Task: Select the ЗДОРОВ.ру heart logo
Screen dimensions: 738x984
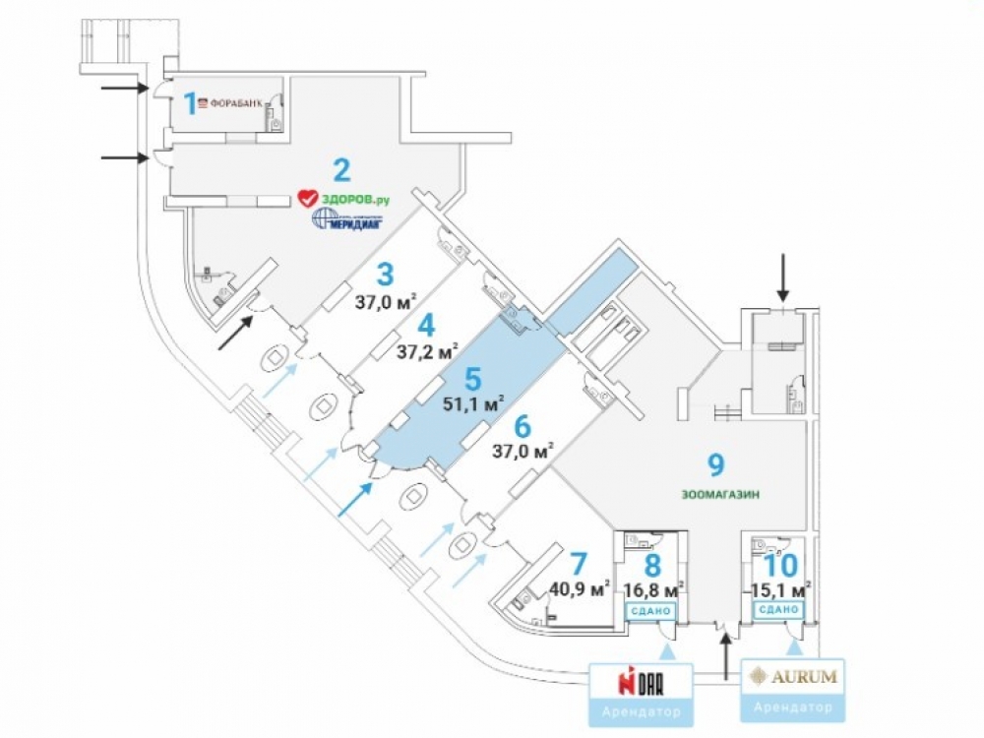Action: tap(306, 199)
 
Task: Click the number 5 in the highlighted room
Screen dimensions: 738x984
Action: tap(472, 379)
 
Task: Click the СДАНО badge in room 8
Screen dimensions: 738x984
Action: tap(650, 610)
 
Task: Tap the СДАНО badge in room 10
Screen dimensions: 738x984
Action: tap(778, 610)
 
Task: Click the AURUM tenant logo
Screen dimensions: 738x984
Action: tap(792, 676)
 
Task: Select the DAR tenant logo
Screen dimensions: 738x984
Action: tap(642, 681)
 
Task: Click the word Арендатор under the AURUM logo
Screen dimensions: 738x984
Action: tap(792, 707)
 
